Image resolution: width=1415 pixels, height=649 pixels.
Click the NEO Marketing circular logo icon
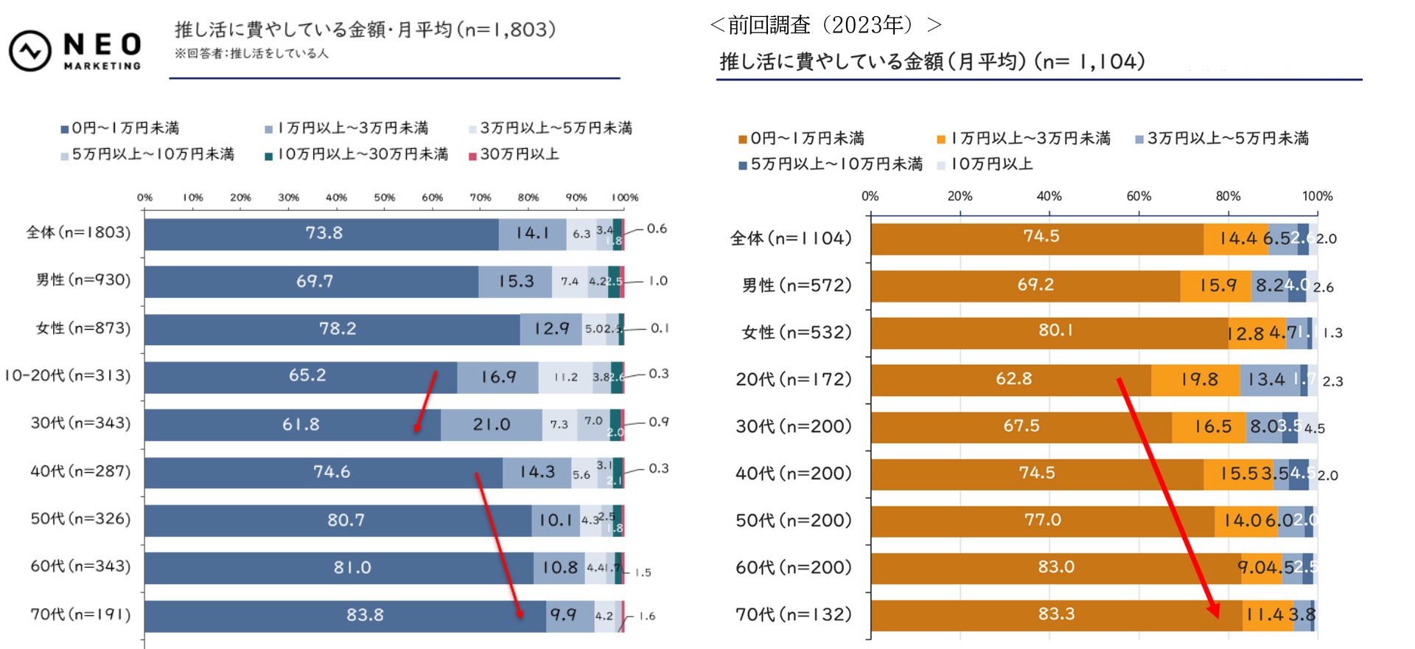[29, 51]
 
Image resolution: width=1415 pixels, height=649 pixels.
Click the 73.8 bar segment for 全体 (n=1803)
[324, 234]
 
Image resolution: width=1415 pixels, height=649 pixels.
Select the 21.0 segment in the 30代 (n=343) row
[491, 425]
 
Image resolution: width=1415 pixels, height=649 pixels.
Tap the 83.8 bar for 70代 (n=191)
[365, 615]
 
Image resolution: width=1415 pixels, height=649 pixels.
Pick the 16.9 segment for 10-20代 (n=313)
[498, 377]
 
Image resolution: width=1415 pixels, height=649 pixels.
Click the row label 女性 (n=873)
[83, 328]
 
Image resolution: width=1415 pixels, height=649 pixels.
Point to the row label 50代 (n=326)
[80, 518]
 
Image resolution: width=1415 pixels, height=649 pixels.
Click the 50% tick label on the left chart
[384, 198]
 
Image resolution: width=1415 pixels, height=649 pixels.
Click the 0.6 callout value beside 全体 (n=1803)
[657, 229]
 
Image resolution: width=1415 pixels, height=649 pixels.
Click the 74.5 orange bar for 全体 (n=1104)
[1041, 237]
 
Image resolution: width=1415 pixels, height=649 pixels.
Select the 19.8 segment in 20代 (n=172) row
[1199, 380]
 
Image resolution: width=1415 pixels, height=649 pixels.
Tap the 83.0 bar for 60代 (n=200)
[1055, 567]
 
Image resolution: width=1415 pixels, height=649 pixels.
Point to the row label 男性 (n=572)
[796, 285]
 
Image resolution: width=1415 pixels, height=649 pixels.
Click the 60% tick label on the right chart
[1138, 196]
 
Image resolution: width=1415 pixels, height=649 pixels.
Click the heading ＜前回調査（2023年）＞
[825, 25]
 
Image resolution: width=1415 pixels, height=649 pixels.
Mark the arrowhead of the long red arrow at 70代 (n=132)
[1214, 612]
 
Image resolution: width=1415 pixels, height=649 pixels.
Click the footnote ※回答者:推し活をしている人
[251, 54]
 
